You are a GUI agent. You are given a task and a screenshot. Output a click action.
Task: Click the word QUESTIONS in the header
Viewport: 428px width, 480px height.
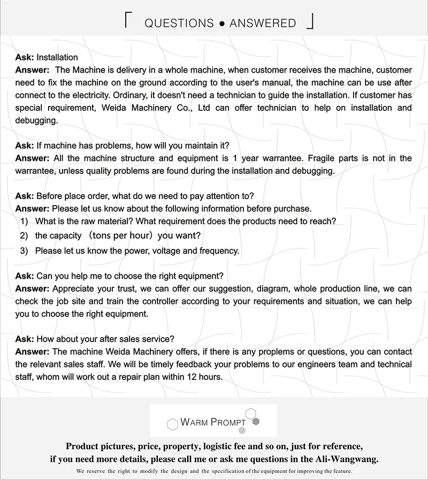(x=179, y=23)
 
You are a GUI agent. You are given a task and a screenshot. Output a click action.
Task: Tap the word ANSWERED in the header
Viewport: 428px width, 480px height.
(x=262, y=23)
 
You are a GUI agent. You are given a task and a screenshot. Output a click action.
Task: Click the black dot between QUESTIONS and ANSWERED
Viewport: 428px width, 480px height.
(x=221, y=24)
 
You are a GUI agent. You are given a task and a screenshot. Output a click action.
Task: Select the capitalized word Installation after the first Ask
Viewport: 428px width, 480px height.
(x=57, y=57)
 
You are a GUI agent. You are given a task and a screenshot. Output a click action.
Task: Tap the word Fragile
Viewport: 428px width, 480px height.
(x=322, y=158)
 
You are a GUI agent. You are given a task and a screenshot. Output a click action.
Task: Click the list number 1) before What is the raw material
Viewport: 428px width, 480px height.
(x=24, y=222)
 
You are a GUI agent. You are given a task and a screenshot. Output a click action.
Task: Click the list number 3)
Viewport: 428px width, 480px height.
(x=24, y=250)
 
